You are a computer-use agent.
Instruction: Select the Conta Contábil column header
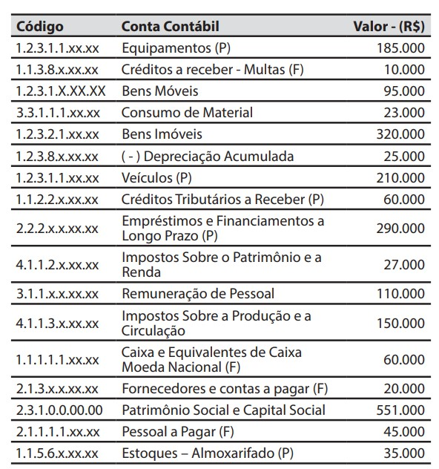(170, 27)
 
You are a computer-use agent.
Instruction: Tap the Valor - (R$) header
(389, 27)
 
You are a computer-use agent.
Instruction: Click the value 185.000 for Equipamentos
(400, 48)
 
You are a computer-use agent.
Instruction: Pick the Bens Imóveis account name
(162, 134)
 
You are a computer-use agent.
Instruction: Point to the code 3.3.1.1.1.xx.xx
(57, 113)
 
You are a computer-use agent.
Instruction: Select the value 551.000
(400, 410)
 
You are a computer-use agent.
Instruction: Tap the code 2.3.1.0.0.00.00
(59, 410)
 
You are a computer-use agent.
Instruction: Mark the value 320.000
(400, 134)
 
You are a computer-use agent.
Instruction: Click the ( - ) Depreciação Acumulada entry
(208, 157)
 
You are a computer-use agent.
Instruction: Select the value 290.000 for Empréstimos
(400, 229)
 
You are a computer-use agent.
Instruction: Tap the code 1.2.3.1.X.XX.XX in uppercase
(60, 91)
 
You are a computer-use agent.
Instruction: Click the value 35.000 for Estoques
(404, 453)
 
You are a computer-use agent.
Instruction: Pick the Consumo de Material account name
(187, 113)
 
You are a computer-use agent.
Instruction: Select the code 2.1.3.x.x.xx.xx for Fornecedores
(57, 388)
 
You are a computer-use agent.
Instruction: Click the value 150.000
(400, 324)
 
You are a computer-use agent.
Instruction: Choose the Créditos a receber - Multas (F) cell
(213, 70)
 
